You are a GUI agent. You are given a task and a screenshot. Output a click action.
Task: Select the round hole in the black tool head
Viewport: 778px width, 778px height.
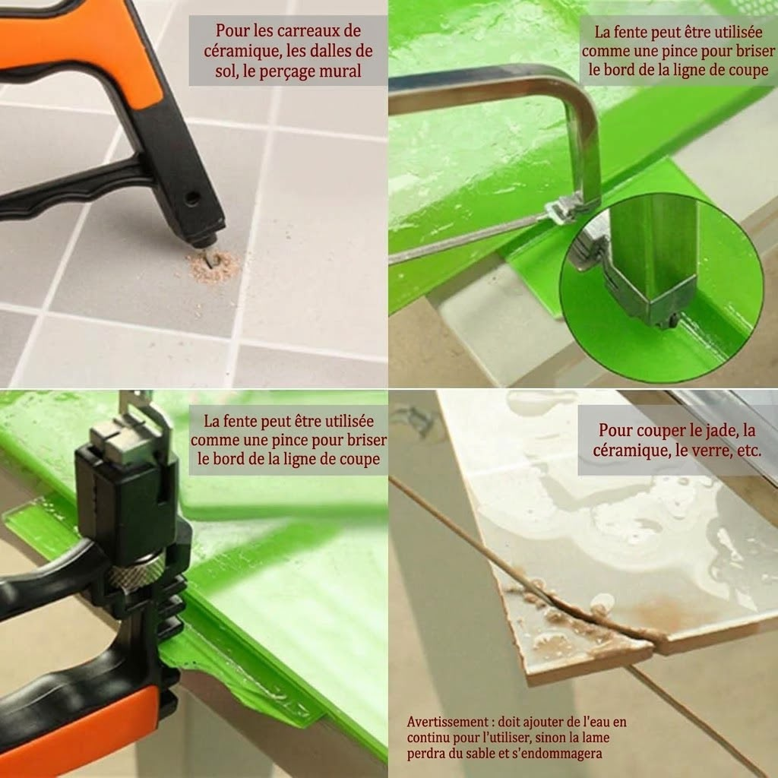coord(192,199)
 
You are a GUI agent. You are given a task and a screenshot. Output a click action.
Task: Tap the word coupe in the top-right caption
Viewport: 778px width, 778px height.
coord(748,70)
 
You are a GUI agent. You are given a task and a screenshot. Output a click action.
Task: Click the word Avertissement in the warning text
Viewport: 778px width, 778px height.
coord(448,722)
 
